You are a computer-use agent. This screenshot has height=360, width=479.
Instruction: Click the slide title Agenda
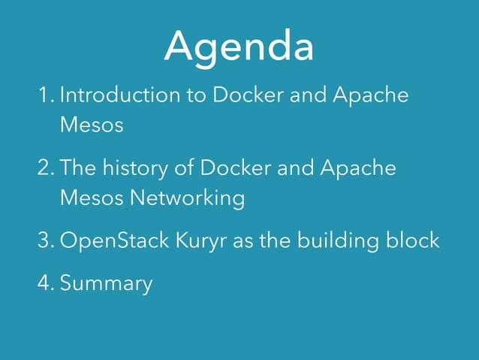[x=239, y=47]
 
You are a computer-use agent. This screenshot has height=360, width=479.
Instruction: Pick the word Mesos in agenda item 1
[x=91, y=125]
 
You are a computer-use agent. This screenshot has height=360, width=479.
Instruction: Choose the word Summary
[x=106, y=285]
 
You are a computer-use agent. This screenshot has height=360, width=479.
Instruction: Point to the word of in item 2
[x=185, y=168]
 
